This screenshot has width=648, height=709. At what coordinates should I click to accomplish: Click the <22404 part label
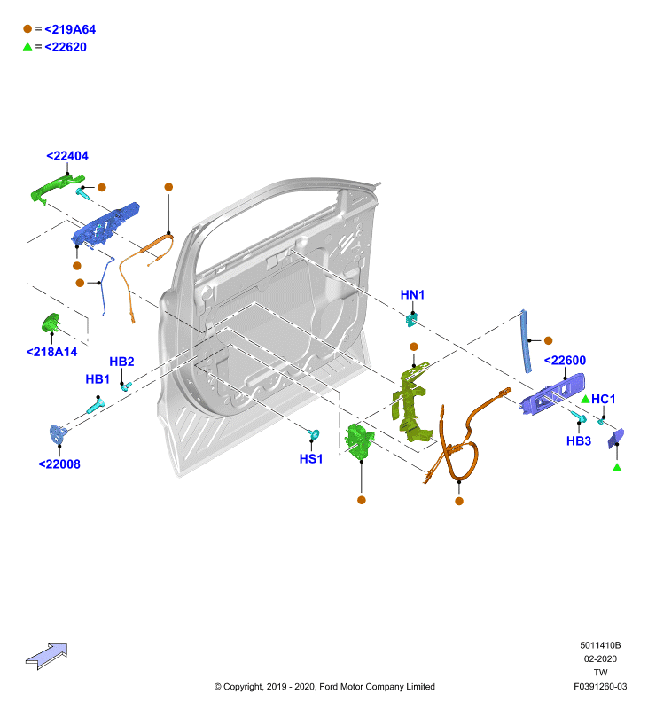tap(67, 156)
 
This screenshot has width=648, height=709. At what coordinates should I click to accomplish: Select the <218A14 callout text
tap(51, 352)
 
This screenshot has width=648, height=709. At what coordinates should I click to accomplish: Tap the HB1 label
tap(98, 379)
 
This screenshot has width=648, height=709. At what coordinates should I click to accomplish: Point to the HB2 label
tap(121, 362)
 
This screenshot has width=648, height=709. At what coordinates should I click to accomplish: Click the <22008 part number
tap(59, 464)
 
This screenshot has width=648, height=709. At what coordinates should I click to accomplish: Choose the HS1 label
tap(311, 459)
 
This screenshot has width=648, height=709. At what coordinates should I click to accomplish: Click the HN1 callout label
tap(412, 295)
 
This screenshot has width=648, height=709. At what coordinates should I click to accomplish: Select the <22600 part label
tap(565, 361)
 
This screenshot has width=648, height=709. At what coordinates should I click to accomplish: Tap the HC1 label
tap(603, 400)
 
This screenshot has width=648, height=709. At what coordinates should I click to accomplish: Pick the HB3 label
tap(579, 440)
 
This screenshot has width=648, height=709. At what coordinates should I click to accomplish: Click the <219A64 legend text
tap(70, 29)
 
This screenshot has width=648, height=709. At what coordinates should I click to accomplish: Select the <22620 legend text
tap(66, 47)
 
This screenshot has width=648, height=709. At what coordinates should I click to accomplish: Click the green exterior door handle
tap(57, 188)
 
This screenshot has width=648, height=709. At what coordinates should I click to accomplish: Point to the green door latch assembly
tap(359, 440)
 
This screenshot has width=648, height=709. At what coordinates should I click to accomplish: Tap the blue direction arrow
tap(47, 656)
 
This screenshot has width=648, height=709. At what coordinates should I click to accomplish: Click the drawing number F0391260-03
tap(600, 686)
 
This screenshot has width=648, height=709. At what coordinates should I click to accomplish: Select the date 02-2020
tap(600, 658)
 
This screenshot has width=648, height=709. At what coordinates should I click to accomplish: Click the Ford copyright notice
tap(324, 687)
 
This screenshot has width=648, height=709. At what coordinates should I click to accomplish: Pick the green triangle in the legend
tap(27, 47)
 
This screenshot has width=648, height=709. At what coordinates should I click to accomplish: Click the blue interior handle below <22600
tap(552, 393)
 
